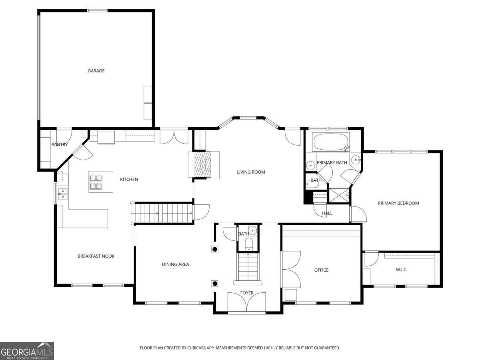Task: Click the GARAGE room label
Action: point(96,71)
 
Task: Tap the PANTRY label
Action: point(59,144)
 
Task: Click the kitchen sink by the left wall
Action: point(62,194)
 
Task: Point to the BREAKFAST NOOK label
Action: point(96,256)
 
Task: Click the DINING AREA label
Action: point(175,264)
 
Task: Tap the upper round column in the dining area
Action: point(215,249)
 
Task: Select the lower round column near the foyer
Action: point(215,284)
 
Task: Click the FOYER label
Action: point(247,293)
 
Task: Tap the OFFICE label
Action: point(321,270)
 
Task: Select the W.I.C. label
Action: point(401,270)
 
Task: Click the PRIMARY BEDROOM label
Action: point(398,203)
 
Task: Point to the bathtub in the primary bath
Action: point(331,142)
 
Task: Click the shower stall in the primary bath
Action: point(338,196)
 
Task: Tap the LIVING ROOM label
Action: point(251,172)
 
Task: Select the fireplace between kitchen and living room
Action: point(204,164)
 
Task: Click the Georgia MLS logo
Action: point(27,351)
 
